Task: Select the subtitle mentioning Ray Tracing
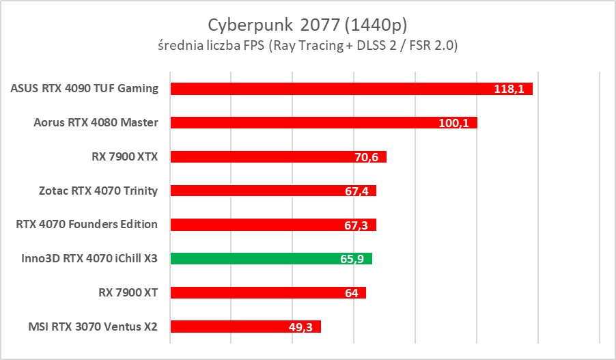click(x=307, y=46)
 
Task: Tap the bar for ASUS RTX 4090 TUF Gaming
click(x=328, y=89)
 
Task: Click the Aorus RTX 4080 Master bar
click(x=300, y=123)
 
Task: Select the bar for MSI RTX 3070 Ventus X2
click(x=232, y=327)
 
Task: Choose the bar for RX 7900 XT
click(x=260, y=293)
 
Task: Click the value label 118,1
click(x=508, y=89)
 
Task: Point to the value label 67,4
click(x=356, y=191)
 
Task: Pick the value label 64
click(x=352, y=293)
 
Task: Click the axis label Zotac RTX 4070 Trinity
click(x=99, y=191)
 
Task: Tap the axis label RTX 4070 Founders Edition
click(x=87, y=224)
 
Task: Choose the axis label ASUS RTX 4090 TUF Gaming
click(x=85, y=88)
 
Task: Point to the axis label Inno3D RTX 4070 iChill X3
click(x=89, y=258)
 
